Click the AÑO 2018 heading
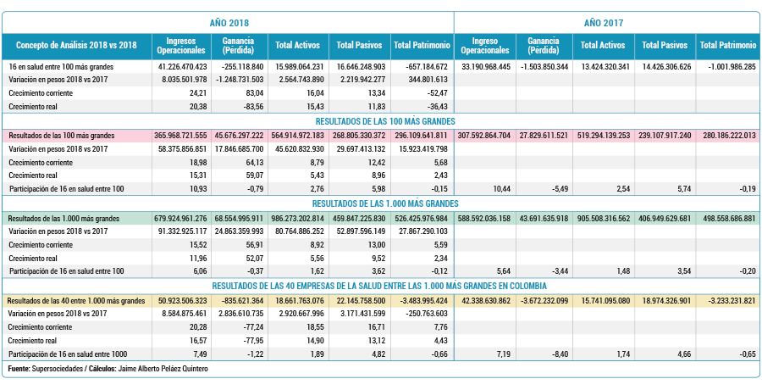pos(229,22)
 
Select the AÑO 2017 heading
pos(604,22)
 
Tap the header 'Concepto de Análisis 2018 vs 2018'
pos(76,45)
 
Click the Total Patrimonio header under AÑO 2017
pos(728,45)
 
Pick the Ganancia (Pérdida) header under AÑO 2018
pos(238,45)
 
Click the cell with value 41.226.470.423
pos(179,67)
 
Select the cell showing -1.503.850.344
pos(543,67)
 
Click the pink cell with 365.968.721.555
pos(179,136)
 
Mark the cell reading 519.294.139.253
pos(602,136)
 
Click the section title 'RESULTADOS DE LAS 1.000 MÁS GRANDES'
pos(385,203)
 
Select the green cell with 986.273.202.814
pos(298,219)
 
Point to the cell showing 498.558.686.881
pos(728,219)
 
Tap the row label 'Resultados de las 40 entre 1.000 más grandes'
pos(76,300)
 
